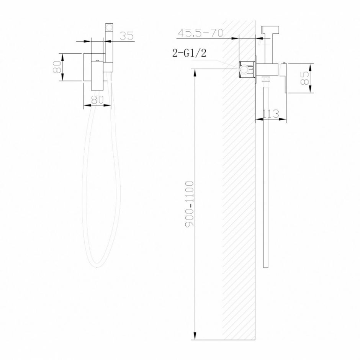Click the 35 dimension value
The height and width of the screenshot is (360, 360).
pyautogui.click(x=126, y=36)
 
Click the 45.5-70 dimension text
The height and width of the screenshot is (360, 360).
pyautogui.click(x=200, y=33)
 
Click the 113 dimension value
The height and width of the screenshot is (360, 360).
pyautogui.click(x=271, y=114)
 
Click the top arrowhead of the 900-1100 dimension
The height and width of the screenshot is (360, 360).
pyautogui.click(x=196, y=72)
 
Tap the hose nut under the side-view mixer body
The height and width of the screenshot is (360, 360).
pyautogui.click(x=266, y=80)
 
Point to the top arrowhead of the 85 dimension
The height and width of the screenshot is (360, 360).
pyautogui.click(x=312, y=66)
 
